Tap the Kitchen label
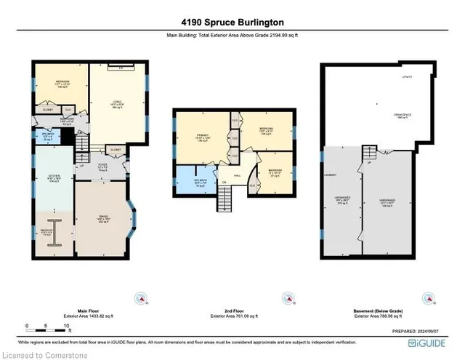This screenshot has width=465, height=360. (53, 175)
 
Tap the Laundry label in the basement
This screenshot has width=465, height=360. (328, 174)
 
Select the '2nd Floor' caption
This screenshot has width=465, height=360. (230, 309)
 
